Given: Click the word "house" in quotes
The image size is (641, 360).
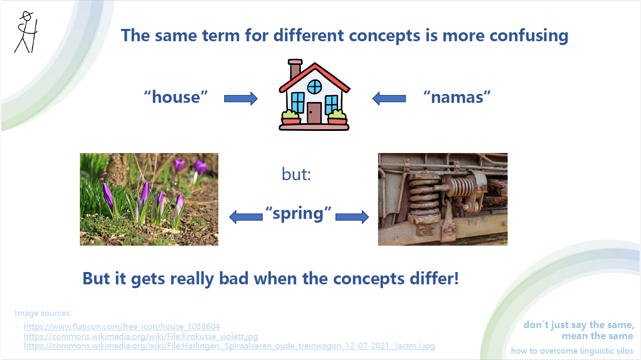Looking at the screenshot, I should pyautogui.click(x=176, y=97).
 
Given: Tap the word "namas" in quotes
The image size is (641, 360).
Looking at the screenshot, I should pyautogui.click(x=457, y=97).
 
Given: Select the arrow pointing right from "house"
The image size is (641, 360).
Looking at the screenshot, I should pyautogui.click(x=240, y=99).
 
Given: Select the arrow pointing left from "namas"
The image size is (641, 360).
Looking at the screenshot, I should pyautogui.click(x=389, y=99).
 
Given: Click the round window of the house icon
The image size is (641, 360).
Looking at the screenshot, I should pyautogui.click(x=314, y=87).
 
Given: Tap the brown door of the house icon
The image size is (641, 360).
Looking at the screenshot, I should pyautogui.click(x=314, y=113).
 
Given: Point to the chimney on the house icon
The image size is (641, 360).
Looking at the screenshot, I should pyautogui.click(x=295, y=69).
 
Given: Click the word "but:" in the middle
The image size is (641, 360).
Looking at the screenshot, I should pyautogui.click(x=296, y=174).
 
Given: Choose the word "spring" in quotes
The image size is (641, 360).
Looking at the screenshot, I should pyautogui.click(x=298, y=213).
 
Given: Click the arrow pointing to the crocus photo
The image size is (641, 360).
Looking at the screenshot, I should pyautogui.click(x=246, y=217).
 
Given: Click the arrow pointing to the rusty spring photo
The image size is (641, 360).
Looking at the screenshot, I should pyautogui.click(x=352, y=217).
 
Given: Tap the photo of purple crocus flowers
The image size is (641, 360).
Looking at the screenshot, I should pyautogui.click(x=149, y=199).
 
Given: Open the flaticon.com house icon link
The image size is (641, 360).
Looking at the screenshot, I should pyautogui.click(x=121, y=326).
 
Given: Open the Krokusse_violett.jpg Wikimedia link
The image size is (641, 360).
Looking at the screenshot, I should pyautogui.click(x=141, y=336).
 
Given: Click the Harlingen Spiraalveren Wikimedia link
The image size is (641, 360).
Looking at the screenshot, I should pyautogui.click(x=229, y=346).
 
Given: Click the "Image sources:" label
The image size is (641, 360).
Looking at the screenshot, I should pyautogui.click(x=43, y=313).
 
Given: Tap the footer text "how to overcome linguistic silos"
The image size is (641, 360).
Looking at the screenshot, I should pyautogui.click(x=572, y=351).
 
